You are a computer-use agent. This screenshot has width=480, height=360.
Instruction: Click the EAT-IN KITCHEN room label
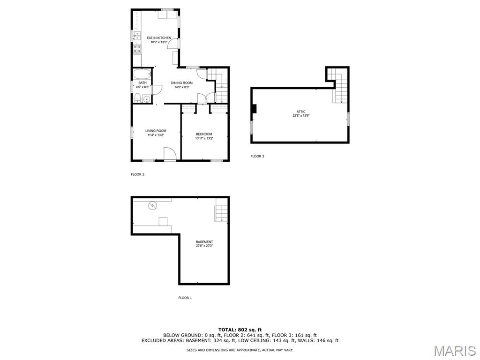(x=158, y=37)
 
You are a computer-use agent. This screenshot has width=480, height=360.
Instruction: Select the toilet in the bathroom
(x=137, y=98)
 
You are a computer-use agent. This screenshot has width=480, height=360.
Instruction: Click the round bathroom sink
(x=147, y=99)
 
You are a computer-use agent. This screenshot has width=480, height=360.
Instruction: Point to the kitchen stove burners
(x=137, y=49)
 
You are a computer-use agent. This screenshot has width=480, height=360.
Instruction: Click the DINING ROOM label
(x=181, y=82)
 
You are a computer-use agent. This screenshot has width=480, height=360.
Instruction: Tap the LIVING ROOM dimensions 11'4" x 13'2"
(x=156, y=135)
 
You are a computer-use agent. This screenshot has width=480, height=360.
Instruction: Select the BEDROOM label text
(x=204, y=134)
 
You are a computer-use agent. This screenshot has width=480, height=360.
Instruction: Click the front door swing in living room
(x=169, y=154)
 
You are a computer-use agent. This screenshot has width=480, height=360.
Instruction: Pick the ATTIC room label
(x=301, y=112)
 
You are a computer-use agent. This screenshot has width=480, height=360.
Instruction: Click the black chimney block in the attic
(x=254, y=109)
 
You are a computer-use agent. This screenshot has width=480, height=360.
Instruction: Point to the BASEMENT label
(x=204, y=242)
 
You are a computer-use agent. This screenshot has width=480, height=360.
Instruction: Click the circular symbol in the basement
(x=153, y=206)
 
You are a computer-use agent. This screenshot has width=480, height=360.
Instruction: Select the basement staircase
(x=221, y=213)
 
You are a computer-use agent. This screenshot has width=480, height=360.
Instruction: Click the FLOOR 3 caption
(x=257, y=156)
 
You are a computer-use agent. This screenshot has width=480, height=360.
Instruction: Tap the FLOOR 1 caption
(x=185, y=298)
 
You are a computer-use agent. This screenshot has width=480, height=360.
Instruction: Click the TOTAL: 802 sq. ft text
(x=240, y=330)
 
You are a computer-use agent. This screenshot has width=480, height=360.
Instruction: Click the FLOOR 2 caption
(x=137, y=174)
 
